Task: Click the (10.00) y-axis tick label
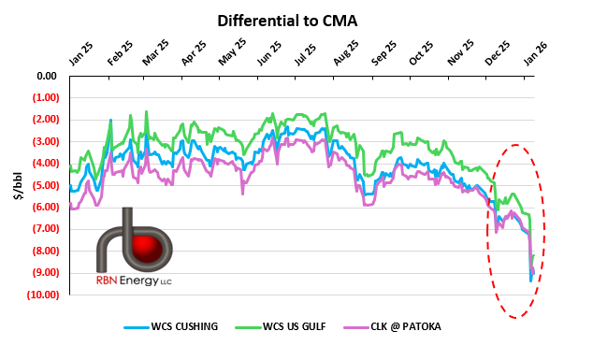click(x=41, y=295)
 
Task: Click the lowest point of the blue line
click(x=530, y=281)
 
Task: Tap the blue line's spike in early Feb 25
click(x=110, y=121)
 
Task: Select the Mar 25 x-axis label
click(x=154, y=52)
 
